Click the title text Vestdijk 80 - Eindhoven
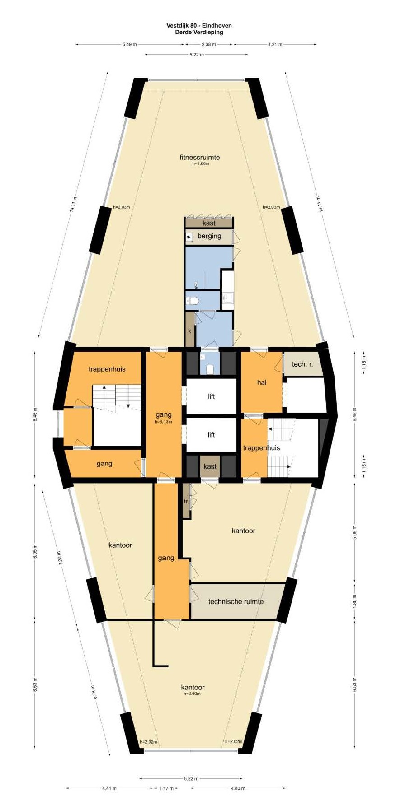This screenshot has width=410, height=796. (199, 26)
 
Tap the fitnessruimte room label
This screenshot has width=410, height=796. (200, 157)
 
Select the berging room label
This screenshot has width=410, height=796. (209, 236)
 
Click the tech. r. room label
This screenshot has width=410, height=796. (302, 364)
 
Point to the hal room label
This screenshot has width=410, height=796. (262, 382)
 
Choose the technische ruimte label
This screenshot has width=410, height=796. (236, 601)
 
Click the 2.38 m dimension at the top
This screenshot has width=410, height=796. (208, 44)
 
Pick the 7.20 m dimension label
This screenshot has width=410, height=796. (59, 559)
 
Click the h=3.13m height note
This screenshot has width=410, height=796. (163, 422)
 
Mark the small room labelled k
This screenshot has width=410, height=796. (189, 331)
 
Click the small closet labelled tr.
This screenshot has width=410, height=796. (186, 501)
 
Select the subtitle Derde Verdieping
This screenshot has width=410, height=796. (199, 32)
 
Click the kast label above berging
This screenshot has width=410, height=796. (209, 223)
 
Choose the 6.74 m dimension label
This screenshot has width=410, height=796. (95, 692)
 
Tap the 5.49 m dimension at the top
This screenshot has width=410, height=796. (129, 44)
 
